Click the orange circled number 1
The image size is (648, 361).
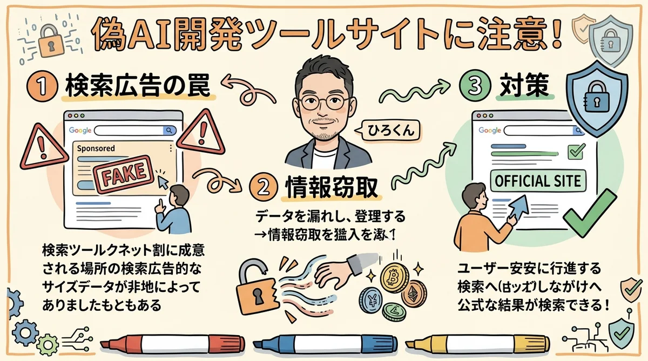[42, 86]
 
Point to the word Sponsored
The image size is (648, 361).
[97, 148]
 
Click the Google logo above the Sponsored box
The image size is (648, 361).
[81, 130]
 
